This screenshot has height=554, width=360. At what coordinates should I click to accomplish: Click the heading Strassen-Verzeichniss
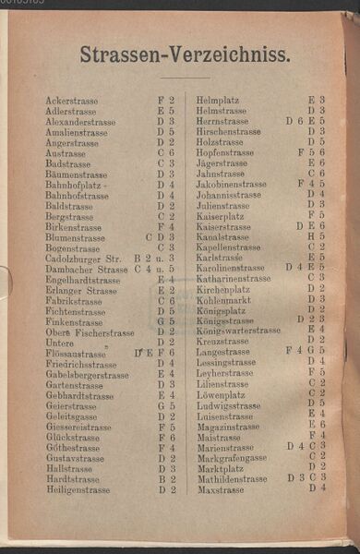pyautogui.click(x=185, y=55)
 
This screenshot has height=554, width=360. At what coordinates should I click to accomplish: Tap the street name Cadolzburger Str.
pyautogui.click(x=84, y=259)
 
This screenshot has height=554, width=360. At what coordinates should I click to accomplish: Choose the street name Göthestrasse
pyautogui.click(x=71, y=448)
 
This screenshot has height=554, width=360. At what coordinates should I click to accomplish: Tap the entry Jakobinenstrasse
pyautogui.click(x=231, y=185)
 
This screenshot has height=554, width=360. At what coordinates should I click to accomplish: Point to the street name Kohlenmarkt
pyautogui.click(x=223, y=299)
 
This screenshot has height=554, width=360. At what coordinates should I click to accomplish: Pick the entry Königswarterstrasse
pyautogui.click(x=238, y=331)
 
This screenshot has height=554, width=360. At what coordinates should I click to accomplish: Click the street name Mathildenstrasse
pyautogui.click(x=232, y=479)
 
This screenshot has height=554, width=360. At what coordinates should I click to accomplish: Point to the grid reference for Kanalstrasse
pyautogui.click(x=316, y=237)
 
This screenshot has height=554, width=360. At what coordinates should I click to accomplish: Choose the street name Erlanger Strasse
pyautogui.click(x=81, y=291)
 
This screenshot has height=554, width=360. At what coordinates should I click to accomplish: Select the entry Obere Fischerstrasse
pyautogui.click(x=90, y=332)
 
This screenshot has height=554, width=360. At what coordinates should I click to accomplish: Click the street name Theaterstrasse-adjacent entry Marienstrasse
pyautogui.click(x=224, y=447)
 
